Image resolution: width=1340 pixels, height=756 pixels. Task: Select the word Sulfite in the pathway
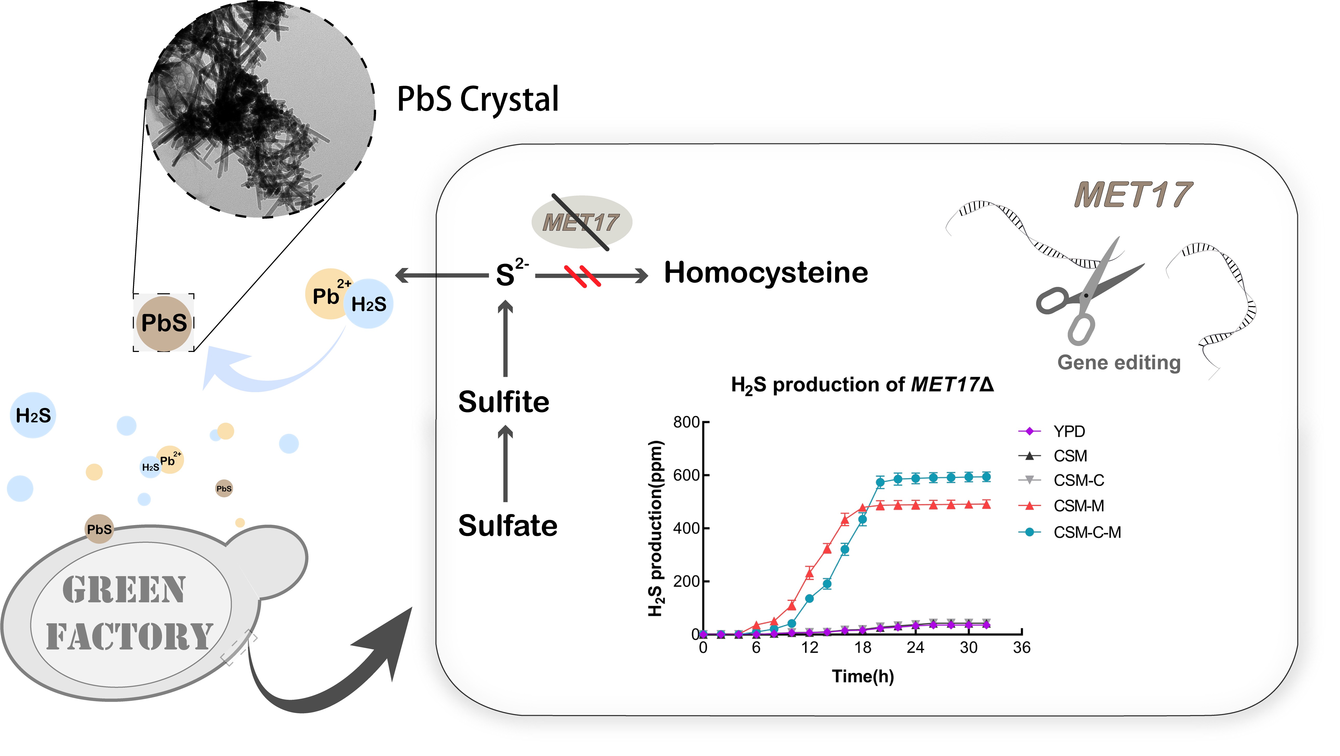504,402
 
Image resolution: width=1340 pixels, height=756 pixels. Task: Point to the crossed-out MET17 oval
582,222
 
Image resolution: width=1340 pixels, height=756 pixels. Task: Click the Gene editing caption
1119,363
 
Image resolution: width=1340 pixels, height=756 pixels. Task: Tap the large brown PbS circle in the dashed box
164,323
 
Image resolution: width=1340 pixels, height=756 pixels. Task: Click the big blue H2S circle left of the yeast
33,415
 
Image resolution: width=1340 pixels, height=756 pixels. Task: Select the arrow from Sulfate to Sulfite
505,463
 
